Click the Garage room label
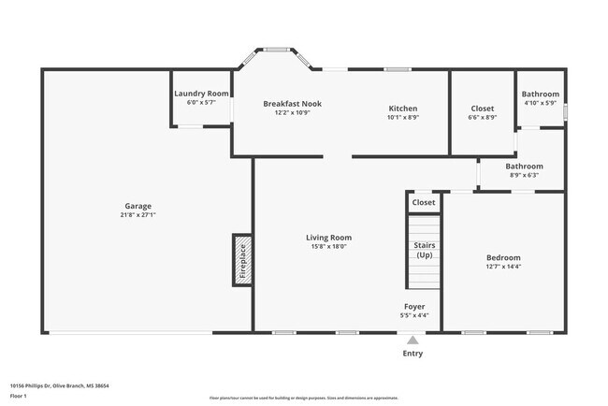point(138,206)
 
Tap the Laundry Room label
point(201,94)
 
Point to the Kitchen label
point(402,109)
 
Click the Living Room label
point(328,238)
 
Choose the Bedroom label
point(503,257)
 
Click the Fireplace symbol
point(241,259)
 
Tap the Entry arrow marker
point(413,341)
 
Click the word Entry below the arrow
point(413,354)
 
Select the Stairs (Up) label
point(424,250)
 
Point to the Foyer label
point(413,305)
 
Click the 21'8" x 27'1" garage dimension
point(138,215)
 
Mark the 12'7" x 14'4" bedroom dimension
point(503,267)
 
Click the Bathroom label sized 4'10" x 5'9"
point(540,94)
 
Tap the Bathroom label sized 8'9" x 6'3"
point(525,167)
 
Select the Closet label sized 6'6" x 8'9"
point(482,109)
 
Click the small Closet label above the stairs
point(424,202)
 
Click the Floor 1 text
point(18,396)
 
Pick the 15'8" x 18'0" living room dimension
point(328,247)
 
